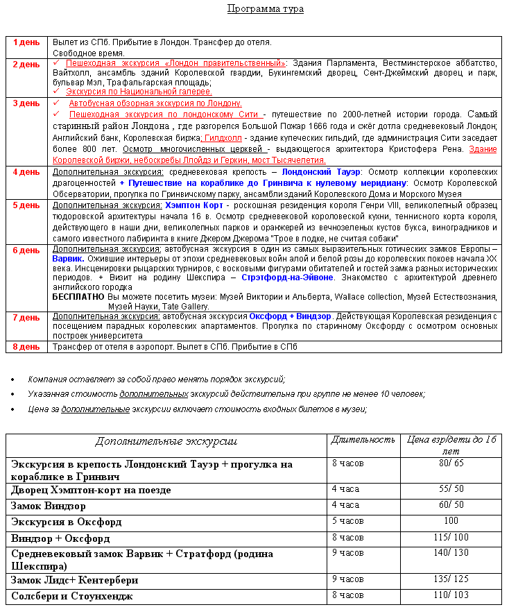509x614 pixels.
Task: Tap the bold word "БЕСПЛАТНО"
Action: (x=78, y=296)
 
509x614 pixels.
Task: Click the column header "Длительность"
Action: (x=363, y=440)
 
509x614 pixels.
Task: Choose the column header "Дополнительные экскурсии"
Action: (x=166, y=441)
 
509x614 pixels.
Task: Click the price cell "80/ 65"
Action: (x=451, y=463)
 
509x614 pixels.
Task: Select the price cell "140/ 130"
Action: (x=451, y=554)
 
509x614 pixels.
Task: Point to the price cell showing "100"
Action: (x=451, y=521)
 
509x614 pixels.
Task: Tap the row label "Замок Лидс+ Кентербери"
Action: (x=74, y=579)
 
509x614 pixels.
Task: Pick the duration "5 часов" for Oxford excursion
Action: (x=347, y=521)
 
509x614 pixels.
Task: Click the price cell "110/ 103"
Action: (x=451, y=595)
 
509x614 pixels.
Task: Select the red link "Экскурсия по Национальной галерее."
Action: (x=139, y=92)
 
